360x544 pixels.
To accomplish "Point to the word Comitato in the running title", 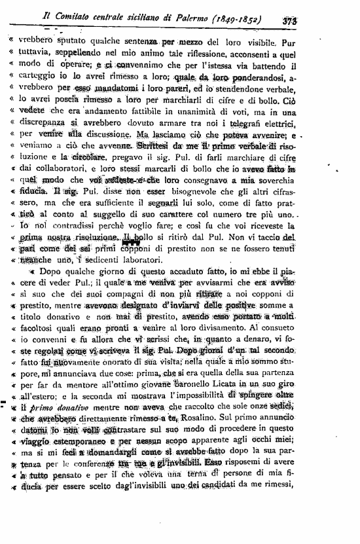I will tap(92, 18).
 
